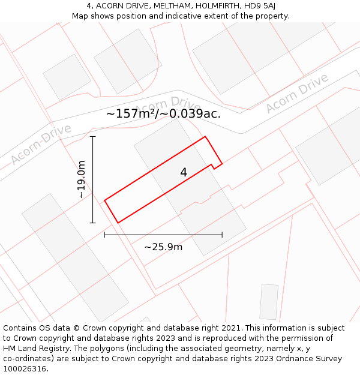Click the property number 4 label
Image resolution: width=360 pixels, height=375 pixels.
click(184, 173)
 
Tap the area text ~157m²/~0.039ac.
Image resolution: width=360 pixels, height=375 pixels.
click(163, 113)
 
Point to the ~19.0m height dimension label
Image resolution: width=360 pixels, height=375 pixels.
click(82, 179)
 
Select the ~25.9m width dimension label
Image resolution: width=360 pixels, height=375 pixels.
click(163, 247)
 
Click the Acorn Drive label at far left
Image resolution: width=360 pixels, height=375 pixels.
click(41, 144)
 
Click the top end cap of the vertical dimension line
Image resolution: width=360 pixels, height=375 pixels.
click(92, 137)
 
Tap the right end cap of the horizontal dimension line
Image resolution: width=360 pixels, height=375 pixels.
click(222, 235)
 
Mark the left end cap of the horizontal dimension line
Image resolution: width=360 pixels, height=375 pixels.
click(105, 235)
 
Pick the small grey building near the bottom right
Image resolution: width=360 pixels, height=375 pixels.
click(269, 302)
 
